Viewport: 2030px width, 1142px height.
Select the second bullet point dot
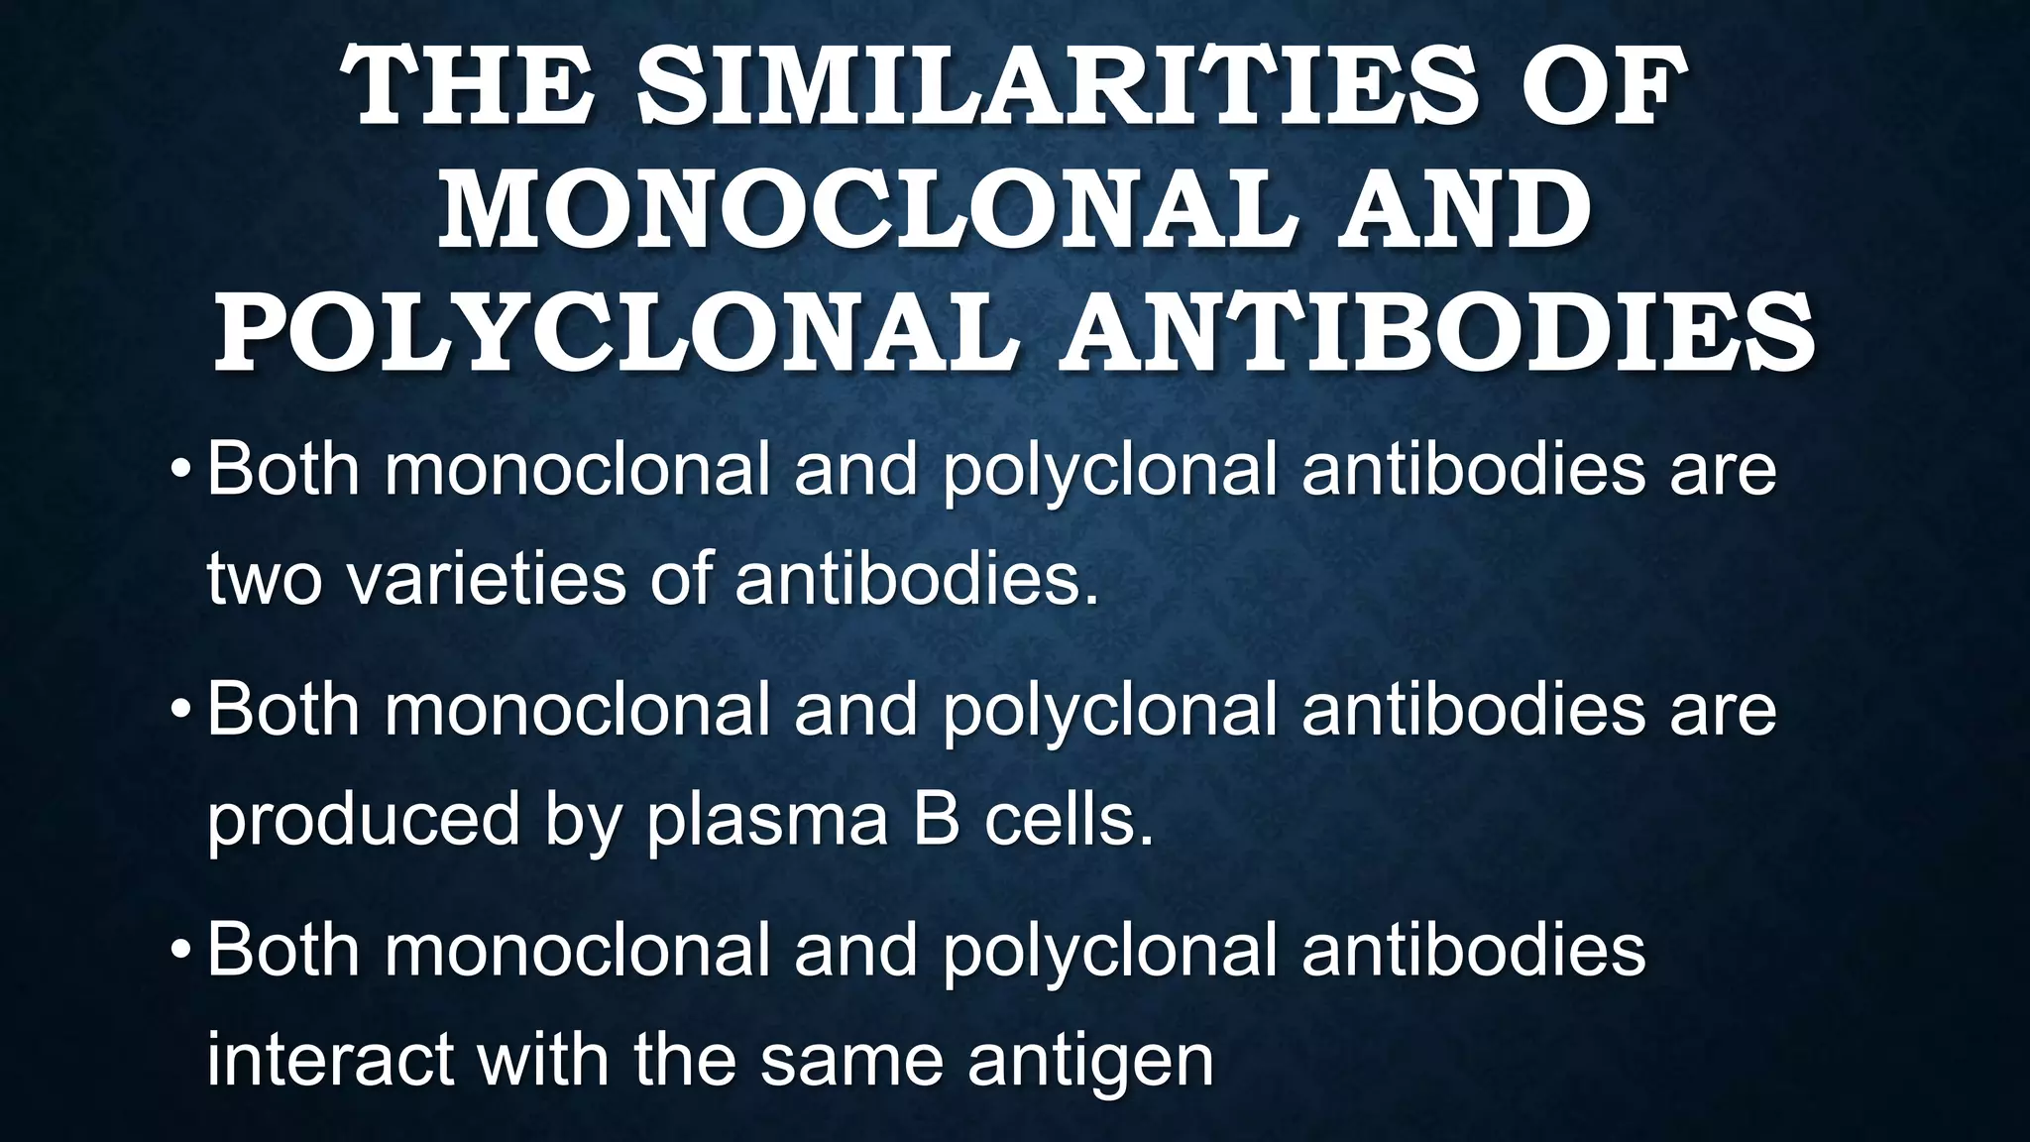click(x=179, y=709)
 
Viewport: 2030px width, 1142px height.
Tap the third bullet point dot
click(x=179, y=949)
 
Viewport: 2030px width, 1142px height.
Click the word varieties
click(x=486, y=578)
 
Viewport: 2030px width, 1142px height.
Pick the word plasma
click(x=767, y=821)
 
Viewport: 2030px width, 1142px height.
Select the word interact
click(x=332, y=1060)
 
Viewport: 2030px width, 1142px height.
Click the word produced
click(x=363, y=821)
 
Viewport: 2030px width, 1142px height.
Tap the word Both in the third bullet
click(x=283, y=949)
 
